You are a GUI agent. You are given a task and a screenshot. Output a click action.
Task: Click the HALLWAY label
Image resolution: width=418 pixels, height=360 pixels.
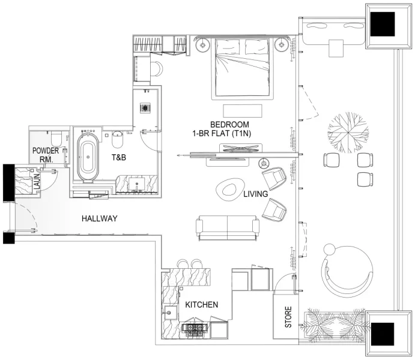(99, 219)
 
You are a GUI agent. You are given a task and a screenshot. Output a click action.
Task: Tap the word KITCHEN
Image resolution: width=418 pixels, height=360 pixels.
(201, 305)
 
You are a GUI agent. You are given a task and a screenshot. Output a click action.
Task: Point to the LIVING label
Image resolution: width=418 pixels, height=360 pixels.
(255, 195)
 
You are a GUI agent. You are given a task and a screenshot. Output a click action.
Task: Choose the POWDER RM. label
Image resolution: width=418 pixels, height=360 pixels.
(46, 155)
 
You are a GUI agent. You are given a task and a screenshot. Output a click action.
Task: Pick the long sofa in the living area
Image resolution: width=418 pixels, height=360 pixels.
(228, 227)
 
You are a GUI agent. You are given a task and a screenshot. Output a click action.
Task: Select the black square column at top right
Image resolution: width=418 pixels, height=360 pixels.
(382, 25)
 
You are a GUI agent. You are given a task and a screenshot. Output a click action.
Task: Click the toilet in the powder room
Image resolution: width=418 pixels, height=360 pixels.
(53, 136)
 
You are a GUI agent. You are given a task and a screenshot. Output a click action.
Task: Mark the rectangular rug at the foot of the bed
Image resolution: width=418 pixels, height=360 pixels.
(243, 110)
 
